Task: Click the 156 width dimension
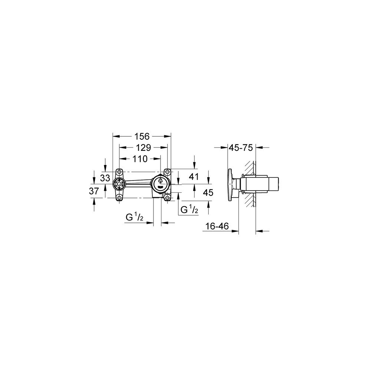click(142, 136)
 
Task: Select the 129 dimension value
click(143, 148)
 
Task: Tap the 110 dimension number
click(140, 159)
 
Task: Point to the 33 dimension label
click(105, 178)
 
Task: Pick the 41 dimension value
click(194, 176)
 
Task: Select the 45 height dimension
click(208, 192)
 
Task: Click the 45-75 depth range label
click(241, 148)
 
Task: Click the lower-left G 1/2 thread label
click(134, 218)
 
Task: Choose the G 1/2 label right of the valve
click(189, 210)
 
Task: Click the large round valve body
click(161, 183)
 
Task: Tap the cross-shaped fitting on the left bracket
click(119, 184)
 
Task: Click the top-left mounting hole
click(119, 172)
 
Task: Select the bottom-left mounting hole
click(119, 198)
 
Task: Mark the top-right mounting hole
click(168, 172)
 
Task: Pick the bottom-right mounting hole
click(168, 198)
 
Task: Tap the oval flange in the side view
click(232, 185)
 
